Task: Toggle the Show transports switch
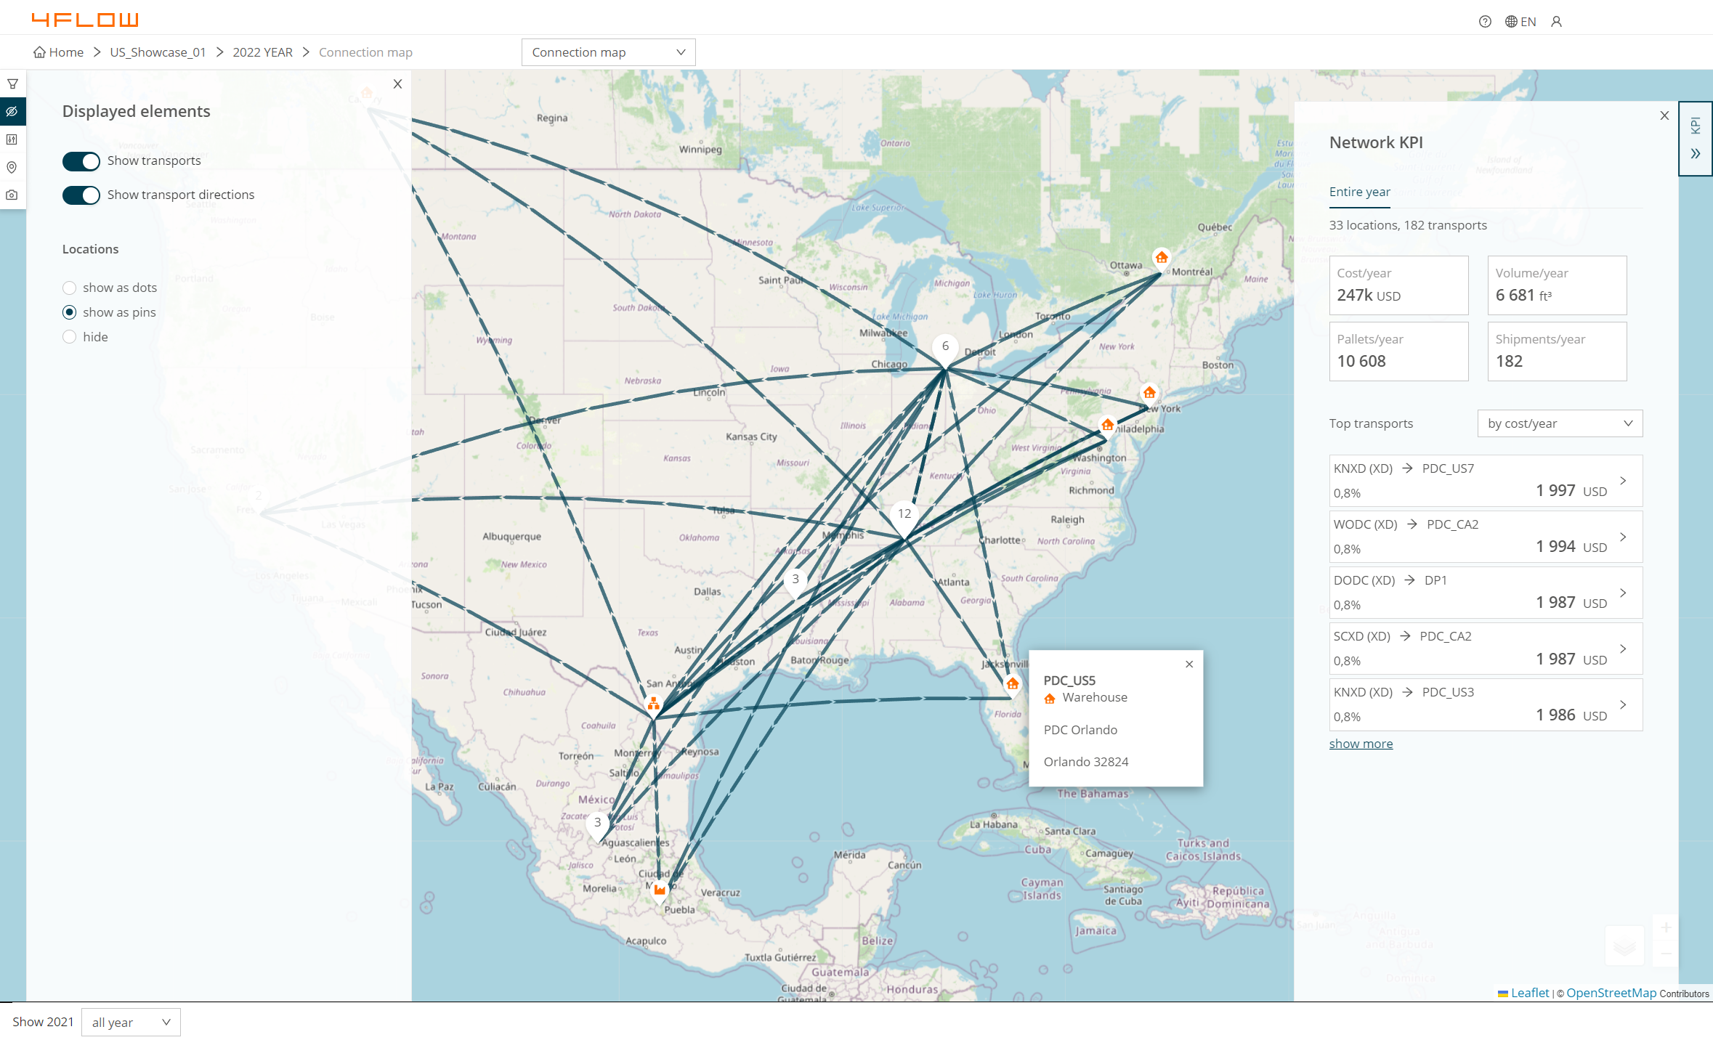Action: point(81,161)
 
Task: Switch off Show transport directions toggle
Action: point(81,195)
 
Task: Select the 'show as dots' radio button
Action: point(70,288)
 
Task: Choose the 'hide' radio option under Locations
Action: point(70,337)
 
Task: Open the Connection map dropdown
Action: point(608,52)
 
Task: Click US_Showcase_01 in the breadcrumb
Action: point(158,52)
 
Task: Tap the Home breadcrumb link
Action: point(59,52)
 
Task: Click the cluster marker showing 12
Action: point(904,514)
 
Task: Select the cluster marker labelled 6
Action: point(945,346)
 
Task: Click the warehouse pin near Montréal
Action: point(1162,258)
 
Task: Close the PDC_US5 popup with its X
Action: point(1189,665)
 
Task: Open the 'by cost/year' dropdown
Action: point(1560,423)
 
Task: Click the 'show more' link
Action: point(1361,744)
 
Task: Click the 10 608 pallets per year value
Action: point(1361,362)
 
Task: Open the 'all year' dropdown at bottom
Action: point(131,1023)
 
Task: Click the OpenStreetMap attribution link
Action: point(1611,993)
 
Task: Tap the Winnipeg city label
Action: point(700,150)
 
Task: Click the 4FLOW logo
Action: point(85,20)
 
